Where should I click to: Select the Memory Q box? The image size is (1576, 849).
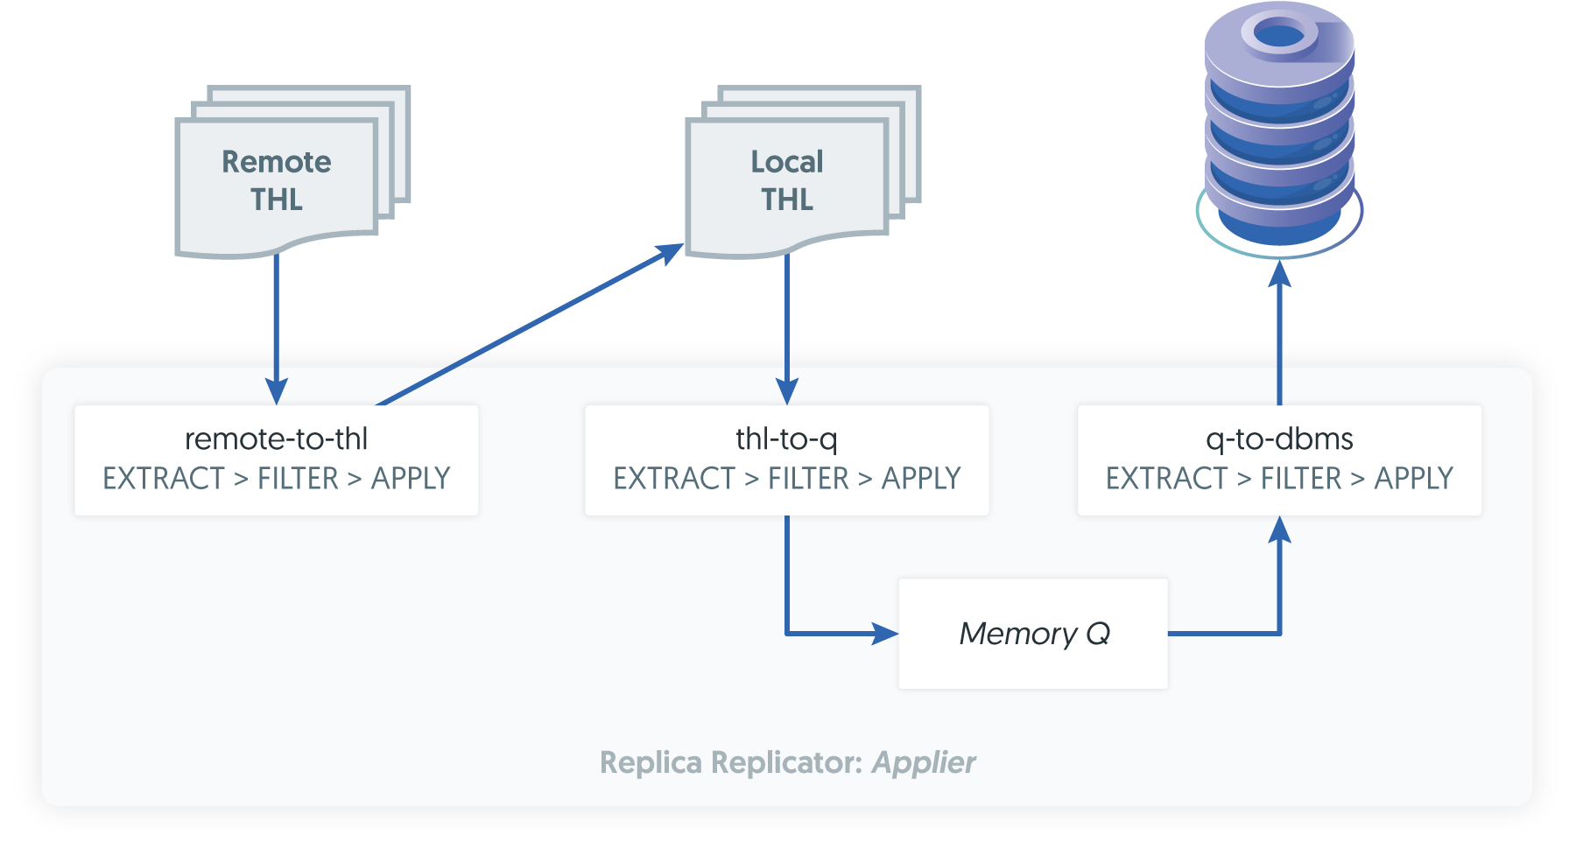[1033, 634]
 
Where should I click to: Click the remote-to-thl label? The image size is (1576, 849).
[276, 439]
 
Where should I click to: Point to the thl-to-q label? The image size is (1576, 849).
[786, 439]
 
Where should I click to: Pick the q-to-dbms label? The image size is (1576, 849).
[1279, 439]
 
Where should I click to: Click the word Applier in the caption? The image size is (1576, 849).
[924, 762]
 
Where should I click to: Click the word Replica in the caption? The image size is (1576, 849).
[651, 762]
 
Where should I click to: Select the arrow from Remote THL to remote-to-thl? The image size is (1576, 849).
[277, 324]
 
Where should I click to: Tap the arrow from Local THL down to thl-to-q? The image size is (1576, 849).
[787, 324]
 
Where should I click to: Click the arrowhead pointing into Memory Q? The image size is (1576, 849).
[886, 634]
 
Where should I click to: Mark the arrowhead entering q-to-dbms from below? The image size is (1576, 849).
[1280, 530]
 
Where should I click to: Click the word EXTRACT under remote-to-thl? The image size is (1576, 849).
[164, 479]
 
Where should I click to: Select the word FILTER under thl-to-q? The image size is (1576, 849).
[808, 479]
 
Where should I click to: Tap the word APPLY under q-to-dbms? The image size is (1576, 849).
[1413, 479]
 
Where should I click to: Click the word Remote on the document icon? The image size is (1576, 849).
[277, 162]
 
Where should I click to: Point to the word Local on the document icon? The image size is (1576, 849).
[787, 162]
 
